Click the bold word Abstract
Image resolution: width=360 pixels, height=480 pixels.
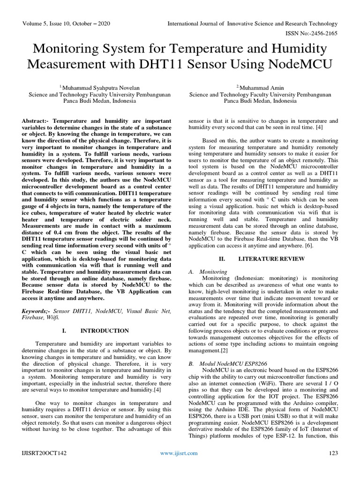(36, 121)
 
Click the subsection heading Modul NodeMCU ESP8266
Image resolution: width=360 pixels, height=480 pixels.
(228, 363)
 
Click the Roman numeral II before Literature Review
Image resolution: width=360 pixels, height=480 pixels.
(223, 259)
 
